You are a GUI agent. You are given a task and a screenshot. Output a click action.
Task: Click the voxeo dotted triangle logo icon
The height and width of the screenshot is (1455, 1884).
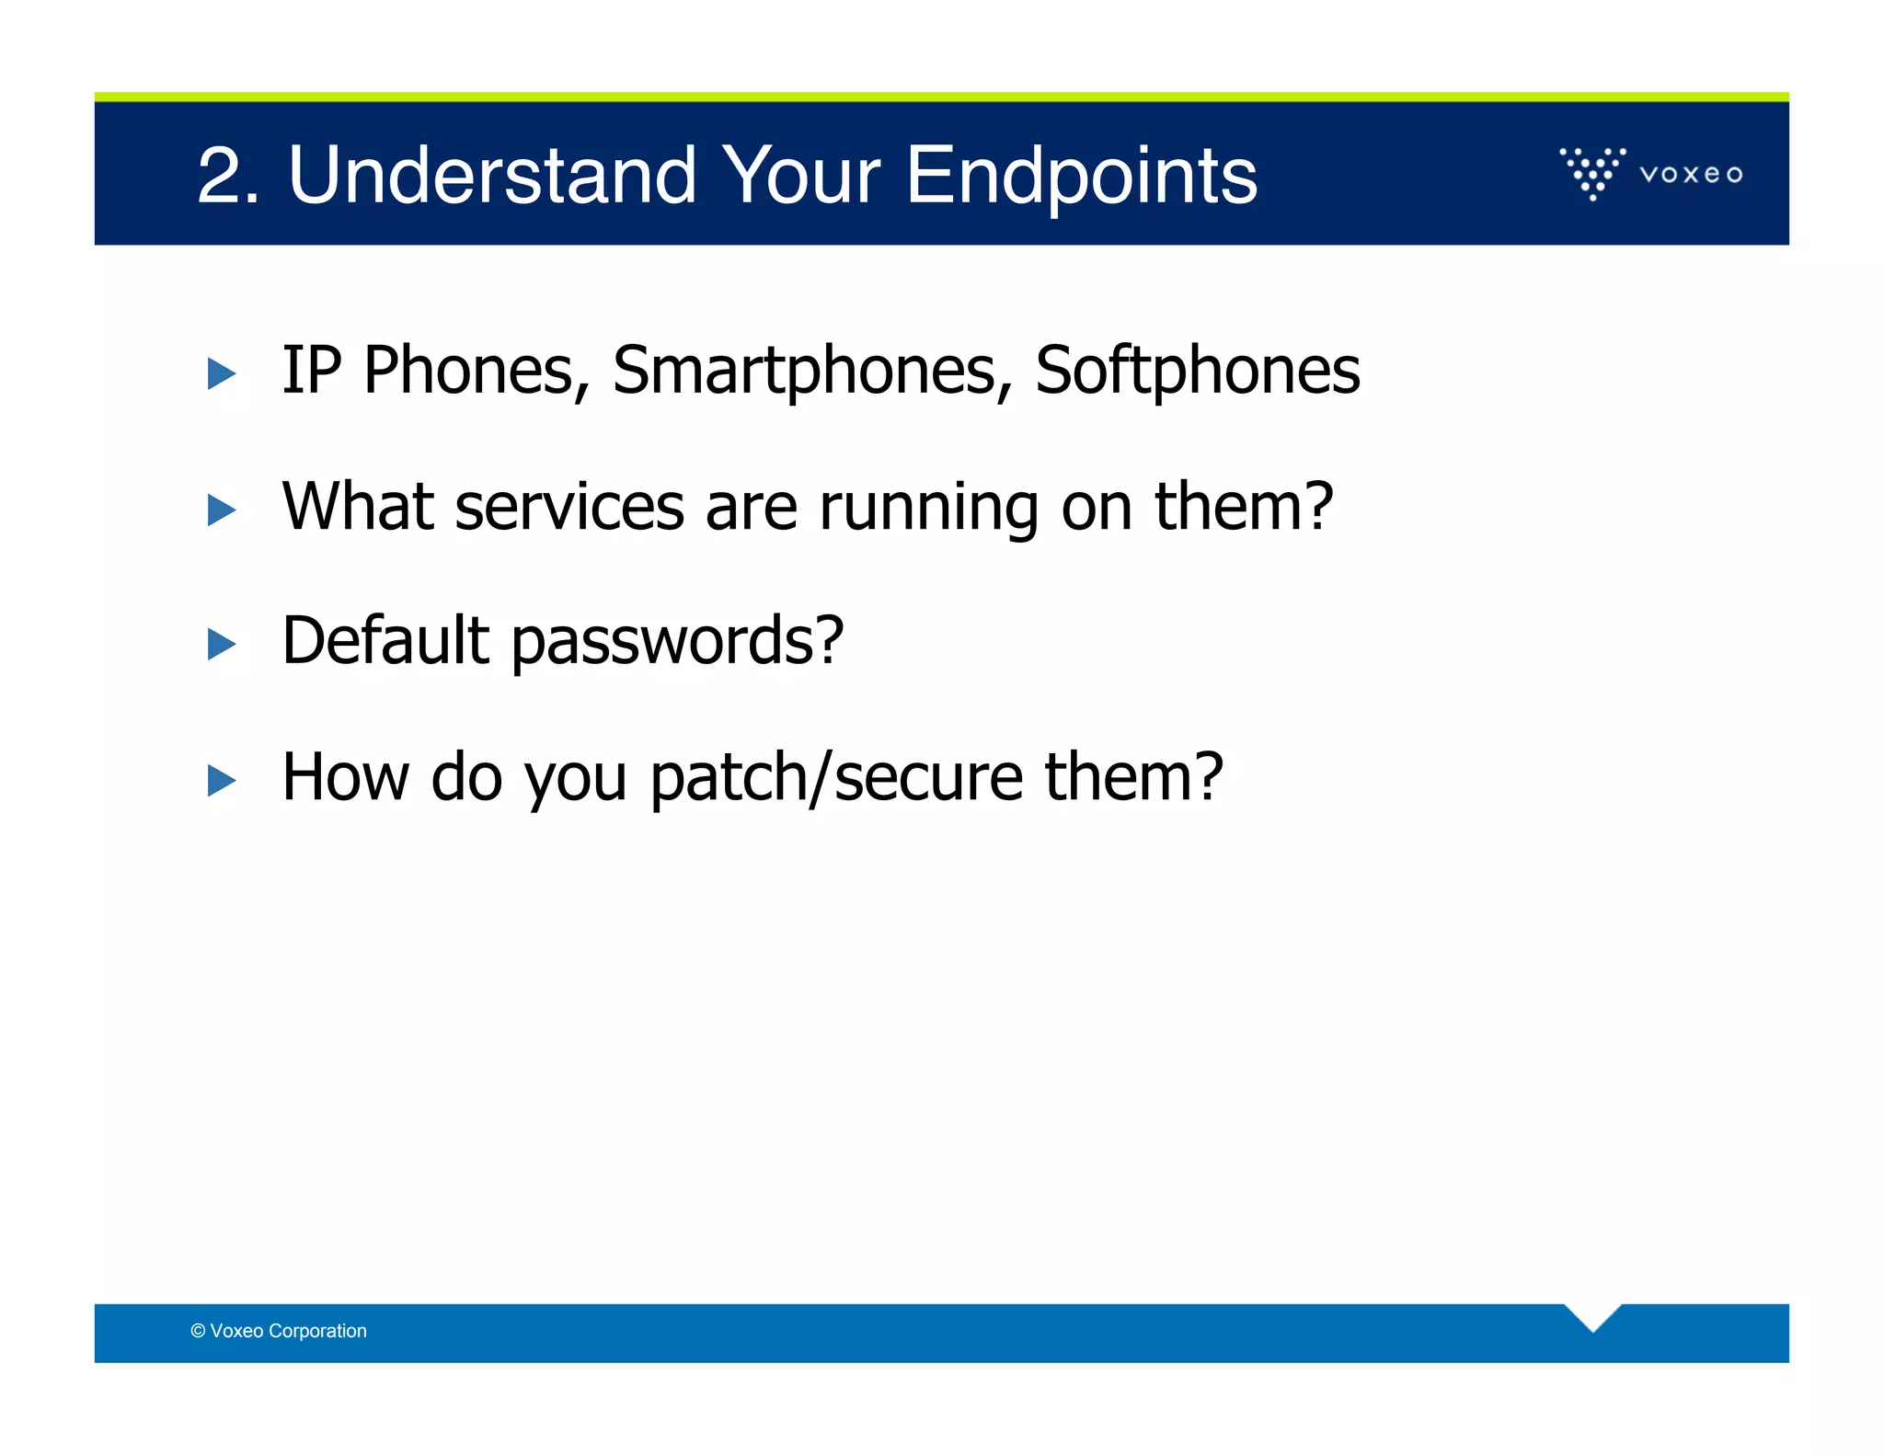coord(1592,172)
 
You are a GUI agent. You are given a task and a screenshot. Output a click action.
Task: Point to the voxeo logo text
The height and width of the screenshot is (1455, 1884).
coord(1691,174)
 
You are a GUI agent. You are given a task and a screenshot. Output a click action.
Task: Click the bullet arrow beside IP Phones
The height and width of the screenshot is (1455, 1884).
coord(222,373)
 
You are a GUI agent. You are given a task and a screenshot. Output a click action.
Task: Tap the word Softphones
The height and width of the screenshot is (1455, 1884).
coord(1197,370)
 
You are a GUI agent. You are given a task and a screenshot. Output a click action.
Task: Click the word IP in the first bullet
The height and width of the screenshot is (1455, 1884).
coord(311,370)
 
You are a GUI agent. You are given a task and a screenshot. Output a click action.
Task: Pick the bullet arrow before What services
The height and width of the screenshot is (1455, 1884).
coord(222,510)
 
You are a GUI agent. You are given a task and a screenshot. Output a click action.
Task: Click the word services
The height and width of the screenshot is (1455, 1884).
coord(569,507)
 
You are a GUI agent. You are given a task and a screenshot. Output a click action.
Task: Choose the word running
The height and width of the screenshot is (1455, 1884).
coord(928,509)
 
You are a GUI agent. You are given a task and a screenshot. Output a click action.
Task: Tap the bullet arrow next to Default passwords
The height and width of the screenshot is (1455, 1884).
coord(222,644)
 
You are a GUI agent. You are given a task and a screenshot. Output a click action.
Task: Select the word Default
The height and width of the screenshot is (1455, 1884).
coord(385,640)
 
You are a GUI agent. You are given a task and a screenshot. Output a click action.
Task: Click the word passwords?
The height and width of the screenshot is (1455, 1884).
coord(677,642)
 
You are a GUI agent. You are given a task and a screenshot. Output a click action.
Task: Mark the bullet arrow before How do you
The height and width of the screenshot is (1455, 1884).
coord(222,780)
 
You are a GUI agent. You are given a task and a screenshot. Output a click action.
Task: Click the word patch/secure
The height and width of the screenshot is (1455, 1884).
coord(835,778)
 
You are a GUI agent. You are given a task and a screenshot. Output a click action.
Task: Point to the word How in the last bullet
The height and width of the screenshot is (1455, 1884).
coord(345,777)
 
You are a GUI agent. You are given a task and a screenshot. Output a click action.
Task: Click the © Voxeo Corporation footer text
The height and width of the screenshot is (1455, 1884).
coord(279,1331)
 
